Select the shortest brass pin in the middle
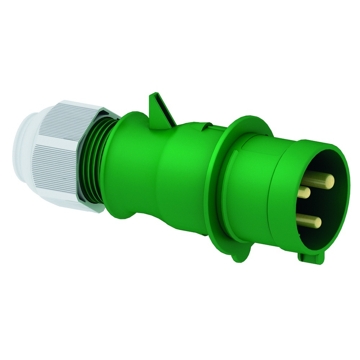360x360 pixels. (305, 193)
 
